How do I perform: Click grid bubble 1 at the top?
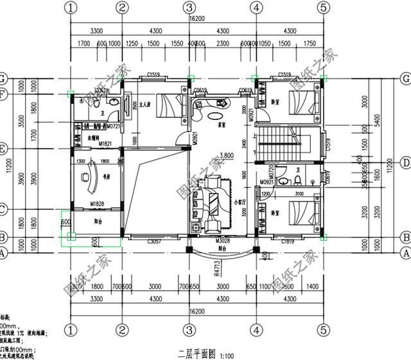[71, 7]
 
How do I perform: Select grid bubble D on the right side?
[405, 161]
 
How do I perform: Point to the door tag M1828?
[97, 204]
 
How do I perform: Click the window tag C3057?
[153, 242]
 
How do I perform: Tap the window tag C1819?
[288, 242]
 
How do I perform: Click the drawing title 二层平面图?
[196, 353]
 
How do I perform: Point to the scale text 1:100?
[227, 354]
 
